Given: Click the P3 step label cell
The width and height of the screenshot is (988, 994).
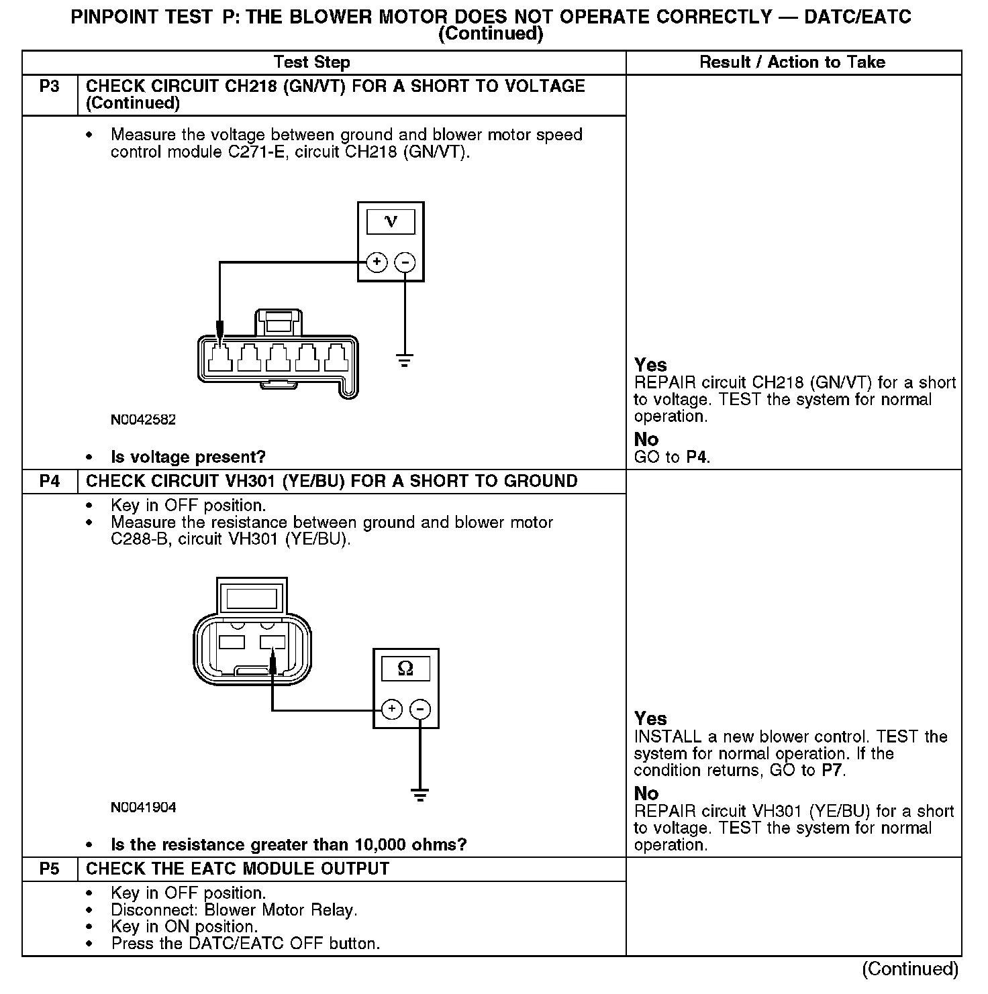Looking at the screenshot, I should click(x=50, y=87).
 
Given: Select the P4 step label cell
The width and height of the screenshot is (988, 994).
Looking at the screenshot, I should click(x=50, y=482).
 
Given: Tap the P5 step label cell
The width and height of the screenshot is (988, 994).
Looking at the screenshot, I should click(x=50, y=869).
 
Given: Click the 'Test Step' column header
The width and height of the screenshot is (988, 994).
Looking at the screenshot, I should click(x=311, y=62).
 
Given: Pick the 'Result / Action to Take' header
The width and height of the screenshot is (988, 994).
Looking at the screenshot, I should click(x=792, y=62).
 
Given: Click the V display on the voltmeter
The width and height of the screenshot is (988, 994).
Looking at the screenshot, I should click(x=391, y=221).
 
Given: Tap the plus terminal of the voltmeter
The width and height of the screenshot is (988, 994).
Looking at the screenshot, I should click(x=377, y=262).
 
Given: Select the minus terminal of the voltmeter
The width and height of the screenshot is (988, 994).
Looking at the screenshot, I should click(x=405, y=262).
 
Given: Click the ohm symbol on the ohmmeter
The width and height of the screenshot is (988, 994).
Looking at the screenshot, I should click(x=405, y=668).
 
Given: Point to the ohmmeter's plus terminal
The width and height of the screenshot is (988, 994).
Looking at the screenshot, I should click(x=391, y=709).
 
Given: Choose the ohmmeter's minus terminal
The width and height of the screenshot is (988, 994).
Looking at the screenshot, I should click(x=420, y=709).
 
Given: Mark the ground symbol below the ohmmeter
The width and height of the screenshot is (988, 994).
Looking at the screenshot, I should click(x=420, y=796).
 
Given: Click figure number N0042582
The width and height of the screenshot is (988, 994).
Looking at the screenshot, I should click(x=144, y=420).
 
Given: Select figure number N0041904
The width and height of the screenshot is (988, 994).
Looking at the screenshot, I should click(x=144, y=808).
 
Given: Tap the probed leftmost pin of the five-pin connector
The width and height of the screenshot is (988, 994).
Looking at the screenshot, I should click(x=220, y=358).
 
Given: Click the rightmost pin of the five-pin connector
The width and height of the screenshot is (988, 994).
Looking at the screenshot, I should click(x=334, y=358).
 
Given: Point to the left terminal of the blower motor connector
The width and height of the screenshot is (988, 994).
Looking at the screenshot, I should click(x=232, y=641).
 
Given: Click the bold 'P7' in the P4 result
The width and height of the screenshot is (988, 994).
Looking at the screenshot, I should click(x=832, y=771).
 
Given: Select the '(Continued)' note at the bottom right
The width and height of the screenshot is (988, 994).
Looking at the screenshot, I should click(x=910, y=969).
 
